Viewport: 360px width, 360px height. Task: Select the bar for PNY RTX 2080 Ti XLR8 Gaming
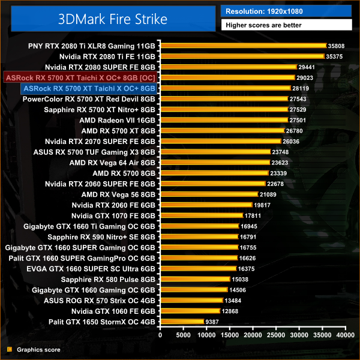tap(242, 46)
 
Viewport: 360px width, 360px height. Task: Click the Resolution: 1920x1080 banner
tap(264, 11)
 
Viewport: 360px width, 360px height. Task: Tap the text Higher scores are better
tap(263, 25)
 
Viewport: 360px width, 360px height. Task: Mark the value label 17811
tap(253, 215)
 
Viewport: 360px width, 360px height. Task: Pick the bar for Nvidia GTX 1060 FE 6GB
tap(190, 311)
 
